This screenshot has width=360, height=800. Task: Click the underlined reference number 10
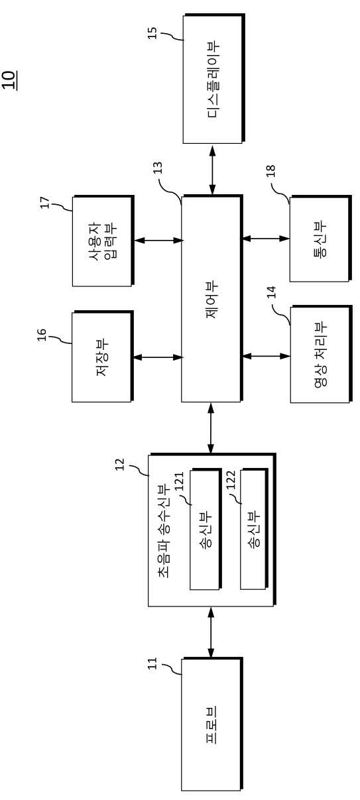(9, 80)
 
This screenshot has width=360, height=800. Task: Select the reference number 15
(152, 33)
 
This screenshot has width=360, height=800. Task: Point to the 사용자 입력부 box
(103, 241)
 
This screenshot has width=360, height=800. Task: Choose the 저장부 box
(103, 357)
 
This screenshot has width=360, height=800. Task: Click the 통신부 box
(320, 239)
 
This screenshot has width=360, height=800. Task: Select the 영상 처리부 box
(321, 355)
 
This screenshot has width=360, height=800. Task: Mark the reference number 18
(270, 171)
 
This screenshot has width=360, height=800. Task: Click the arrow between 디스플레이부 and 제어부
(213, 170)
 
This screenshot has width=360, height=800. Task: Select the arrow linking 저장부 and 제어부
(158, 357)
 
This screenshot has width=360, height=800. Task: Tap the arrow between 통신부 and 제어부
(266, 238)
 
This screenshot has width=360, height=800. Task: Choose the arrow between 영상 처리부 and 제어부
(267, 356)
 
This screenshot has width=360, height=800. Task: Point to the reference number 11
(152, 663)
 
